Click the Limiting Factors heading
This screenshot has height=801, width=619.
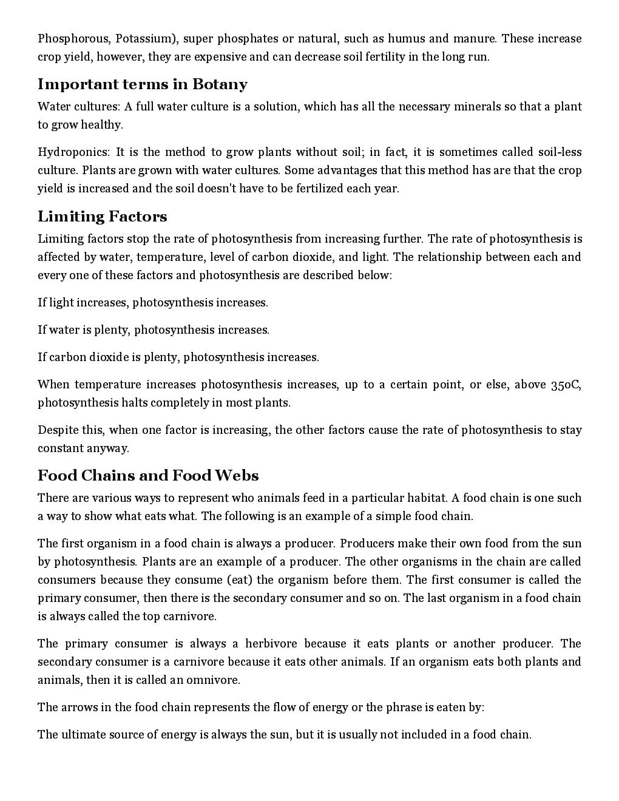pos(102,217)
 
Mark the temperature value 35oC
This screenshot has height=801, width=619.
pos(566,385)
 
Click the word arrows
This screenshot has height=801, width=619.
pos(80,708)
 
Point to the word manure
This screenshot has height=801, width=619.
pos(475,39)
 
